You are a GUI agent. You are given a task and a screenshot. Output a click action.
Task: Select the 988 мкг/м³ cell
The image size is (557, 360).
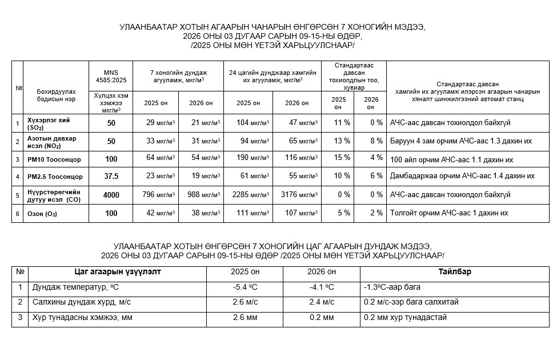pyautogui.click(x=201, y=195)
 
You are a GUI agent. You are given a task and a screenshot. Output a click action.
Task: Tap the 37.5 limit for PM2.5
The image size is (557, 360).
pyautogui.click(x=111, y=177)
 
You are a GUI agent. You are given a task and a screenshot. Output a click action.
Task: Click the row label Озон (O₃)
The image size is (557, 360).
pyautogui.click(x=42, y=214)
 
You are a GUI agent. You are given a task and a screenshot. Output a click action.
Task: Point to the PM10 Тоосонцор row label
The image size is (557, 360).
pyautogui.click(x=54, y=159)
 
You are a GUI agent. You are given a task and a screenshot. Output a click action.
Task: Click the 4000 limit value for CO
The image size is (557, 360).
pyautogui.click(x=111, y=195)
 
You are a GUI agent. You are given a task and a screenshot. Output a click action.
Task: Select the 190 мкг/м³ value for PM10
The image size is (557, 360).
pyautogui.click(x=248, y=158)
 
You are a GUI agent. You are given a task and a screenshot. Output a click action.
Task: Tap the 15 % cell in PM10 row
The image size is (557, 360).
pyautogui.click(x=338, y=158)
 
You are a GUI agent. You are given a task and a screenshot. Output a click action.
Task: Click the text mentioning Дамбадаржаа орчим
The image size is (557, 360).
pyautogui.click(x=462, y=177)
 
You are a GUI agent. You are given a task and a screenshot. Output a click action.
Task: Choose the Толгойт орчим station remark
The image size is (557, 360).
pyautogui.click(x=449, y=213)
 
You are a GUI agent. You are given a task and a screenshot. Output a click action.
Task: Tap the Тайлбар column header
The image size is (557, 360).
pyautogui.click(x=455, y=272)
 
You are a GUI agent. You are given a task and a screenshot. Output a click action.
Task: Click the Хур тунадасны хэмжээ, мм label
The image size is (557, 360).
pyautogui.click(x=82, y=317)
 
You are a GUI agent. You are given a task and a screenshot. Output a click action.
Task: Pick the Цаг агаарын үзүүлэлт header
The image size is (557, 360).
pyautogui.click(x=118, y=272)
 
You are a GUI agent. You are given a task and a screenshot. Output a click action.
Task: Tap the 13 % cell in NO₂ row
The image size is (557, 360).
pyautogui.click(x=338, y=141)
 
